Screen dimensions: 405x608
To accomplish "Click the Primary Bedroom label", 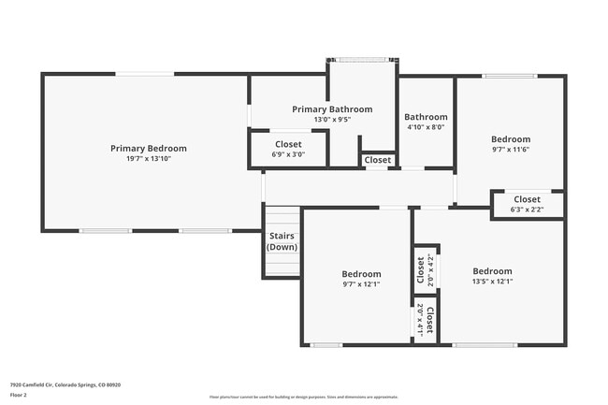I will [x=148, y=148].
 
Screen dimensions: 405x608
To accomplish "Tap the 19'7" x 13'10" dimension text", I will [x=148, y=159].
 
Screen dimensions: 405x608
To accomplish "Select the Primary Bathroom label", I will [x=332, y=109].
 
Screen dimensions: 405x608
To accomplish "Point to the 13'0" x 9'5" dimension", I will [x=332, y=120].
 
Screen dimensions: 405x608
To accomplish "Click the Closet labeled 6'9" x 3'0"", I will [x=288, y=144].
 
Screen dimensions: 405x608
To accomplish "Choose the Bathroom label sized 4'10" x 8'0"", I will [x=426, y=117].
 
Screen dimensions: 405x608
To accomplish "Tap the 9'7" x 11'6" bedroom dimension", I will [x=511, y=150].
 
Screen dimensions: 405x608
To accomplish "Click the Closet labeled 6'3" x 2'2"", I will [x=527, y=199].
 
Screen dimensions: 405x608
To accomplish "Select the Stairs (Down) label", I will [x=282, y=241].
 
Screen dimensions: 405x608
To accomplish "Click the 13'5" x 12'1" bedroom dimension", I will [x=492, y=281].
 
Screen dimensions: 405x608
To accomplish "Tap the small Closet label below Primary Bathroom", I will [x=378, y=160].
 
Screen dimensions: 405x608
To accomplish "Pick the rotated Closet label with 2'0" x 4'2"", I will [x=420, y=269].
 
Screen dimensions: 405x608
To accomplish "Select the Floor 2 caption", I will [x=19, y=396].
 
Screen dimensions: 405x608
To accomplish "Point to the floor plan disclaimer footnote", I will [x=304, y=397].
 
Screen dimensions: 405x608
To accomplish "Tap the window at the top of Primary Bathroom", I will [x=362, y=60].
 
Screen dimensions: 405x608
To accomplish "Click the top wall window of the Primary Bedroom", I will [x=144, y=74].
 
